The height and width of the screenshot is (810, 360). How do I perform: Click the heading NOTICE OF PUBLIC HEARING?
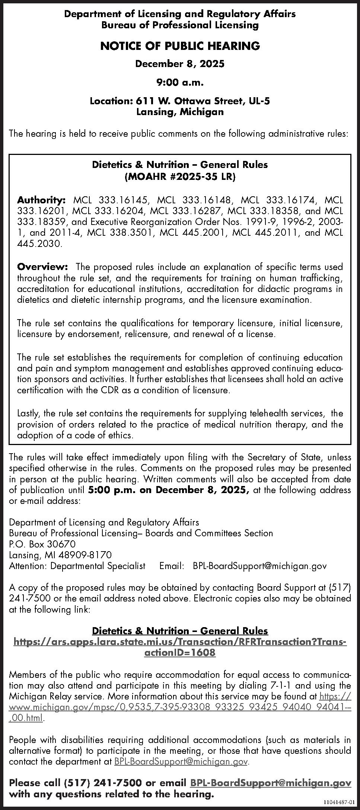tap(180, 46)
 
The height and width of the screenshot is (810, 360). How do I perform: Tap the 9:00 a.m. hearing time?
tap(180, 82)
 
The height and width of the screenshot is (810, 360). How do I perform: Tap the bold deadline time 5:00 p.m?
tap(112, 490)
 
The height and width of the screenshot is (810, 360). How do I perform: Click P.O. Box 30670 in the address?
tap(42, 544)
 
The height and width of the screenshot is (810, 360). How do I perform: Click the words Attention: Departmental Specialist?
tap(77, 566)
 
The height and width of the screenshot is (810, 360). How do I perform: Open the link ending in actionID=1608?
tap(180, 652)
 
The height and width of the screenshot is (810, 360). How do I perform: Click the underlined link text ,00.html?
tap(26, 718)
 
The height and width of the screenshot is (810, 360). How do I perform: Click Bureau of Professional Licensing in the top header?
tap(180, 25)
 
